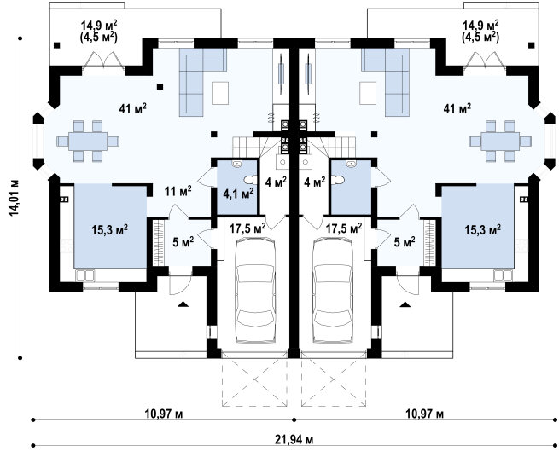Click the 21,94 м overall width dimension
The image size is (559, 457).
pos(294,440)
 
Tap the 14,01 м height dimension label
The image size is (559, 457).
pos(13,197)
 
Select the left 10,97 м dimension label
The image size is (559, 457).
pos(164,414)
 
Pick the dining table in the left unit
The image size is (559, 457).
pos(88,142)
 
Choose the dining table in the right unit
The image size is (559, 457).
pos(500,142)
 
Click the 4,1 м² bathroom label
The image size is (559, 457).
pos(238,194)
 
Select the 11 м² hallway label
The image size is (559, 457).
pos(178,192)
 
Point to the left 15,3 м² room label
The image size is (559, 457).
pos(110,229)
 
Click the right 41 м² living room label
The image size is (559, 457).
pos(457,108)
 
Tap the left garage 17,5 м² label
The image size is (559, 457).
pos(247,228)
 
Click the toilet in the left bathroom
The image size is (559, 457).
pos(251,180)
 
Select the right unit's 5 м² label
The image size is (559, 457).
pos(405,243)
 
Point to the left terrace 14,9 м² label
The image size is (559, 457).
pos(100,26)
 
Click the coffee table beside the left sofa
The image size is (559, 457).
pos(220,93)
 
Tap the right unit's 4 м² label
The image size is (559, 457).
pos(314,182)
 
